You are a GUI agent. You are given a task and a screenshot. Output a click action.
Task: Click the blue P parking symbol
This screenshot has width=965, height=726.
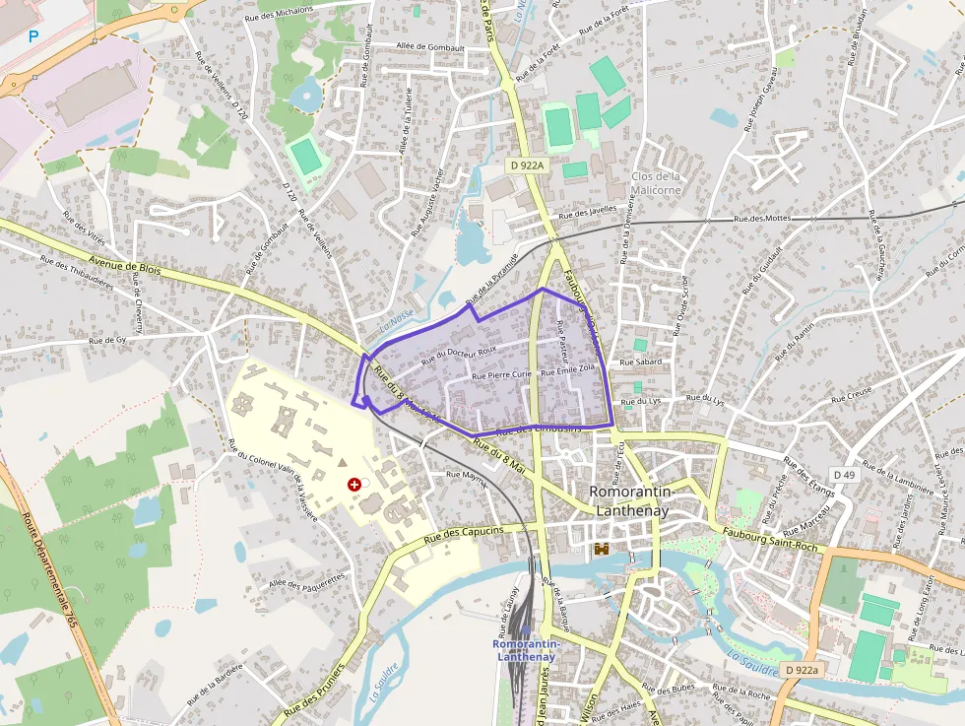33,37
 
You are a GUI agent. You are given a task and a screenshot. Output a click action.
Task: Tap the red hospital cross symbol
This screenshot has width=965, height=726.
354,484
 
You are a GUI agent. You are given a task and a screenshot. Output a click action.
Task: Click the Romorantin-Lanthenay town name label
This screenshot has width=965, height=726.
629,500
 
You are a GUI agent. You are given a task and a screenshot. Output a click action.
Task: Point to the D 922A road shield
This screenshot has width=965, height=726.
528,165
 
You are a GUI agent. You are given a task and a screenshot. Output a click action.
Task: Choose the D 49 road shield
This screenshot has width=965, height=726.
845,475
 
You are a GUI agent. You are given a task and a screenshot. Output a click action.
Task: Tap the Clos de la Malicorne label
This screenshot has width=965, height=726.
657,183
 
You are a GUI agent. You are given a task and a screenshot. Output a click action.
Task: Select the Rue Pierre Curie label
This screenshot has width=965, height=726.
502,375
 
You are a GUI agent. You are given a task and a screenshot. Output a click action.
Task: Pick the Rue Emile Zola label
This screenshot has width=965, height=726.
570,368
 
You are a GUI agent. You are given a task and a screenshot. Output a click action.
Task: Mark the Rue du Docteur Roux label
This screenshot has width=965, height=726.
458,352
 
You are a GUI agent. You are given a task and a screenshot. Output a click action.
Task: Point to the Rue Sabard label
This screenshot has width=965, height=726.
641,363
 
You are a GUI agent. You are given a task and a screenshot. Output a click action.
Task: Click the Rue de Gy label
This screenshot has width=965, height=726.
108,340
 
